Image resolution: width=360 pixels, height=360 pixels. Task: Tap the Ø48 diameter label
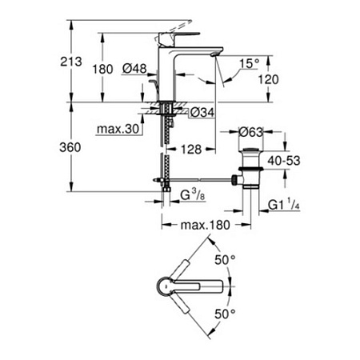click(x=134, y=70)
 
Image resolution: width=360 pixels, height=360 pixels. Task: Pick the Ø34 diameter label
click(x=205, y=113)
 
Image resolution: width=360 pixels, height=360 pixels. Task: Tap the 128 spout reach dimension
click(x=189, y=149)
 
